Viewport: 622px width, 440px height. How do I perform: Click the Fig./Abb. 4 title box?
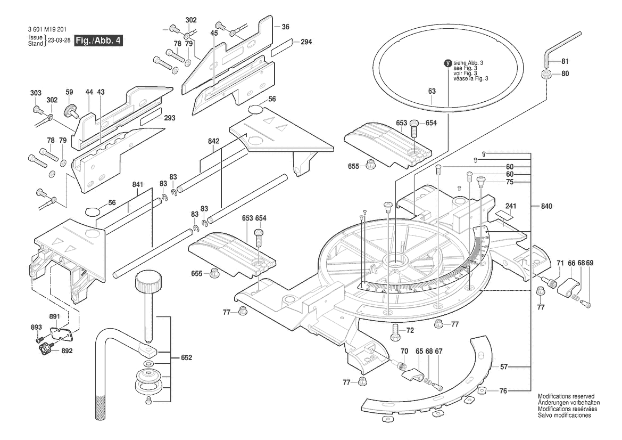click(x=98, y=40)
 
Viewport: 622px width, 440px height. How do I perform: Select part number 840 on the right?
click(x=546, y=206)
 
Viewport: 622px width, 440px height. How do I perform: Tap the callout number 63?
click(x=432, y=92)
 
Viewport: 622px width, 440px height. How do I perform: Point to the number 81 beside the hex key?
click(x=565, y=61)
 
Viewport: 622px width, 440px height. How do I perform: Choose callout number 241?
click(x=511, y=206)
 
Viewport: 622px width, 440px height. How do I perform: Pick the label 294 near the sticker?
click(x=305, y=42)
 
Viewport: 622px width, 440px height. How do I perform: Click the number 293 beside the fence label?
click(x=170, y=118)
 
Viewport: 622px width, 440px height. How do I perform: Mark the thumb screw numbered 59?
click(x=69, y=111)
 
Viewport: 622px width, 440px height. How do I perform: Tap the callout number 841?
click(x=138, y=184)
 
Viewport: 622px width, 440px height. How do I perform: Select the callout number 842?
click(x=214, y=141)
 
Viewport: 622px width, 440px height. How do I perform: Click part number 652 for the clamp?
click(x=186, y=357)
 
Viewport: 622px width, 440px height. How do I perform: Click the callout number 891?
click(x=55, y=316)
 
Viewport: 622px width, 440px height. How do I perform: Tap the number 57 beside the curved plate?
click(x=503, y=366)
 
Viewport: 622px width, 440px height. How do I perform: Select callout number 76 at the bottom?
click(x=503, y=392)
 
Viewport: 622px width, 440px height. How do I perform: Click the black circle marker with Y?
click(x=447, y=62)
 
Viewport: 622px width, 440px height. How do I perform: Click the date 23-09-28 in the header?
click(x=59, y=40)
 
